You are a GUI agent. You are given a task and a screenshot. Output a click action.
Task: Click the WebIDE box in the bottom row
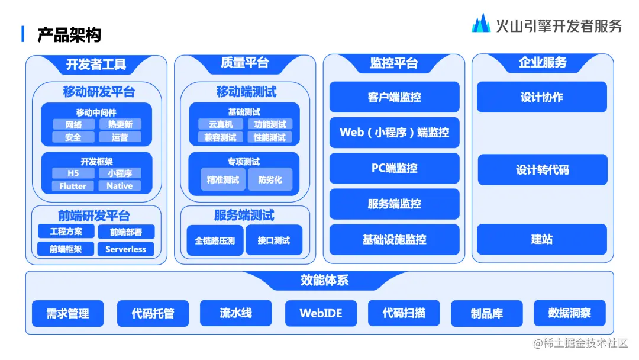[x=321, y=313]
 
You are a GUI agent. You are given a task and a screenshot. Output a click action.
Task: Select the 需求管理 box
[x=67, y=313]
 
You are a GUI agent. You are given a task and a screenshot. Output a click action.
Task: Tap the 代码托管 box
[x=153, y=313]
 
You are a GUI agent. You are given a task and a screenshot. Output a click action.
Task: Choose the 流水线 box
[x=235, y=313]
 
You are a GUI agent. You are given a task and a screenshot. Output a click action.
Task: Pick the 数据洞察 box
[x=569, y=313]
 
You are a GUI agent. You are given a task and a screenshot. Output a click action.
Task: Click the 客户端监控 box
[x=394, y=97]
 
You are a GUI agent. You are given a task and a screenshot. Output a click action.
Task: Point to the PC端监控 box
[x=394, y=168]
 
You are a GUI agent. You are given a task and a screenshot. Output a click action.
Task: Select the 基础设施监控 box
[x=394, y=240]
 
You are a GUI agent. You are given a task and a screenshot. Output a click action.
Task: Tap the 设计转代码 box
[x=542, y=170]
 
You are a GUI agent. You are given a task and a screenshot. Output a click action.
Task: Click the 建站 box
[x=542, y=240]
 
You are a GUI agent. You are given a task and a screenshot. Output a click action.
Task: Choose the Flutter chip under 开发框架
[x=73, y=186]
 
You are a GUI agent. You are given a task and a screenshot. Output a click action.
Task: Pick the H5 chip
[x=73, y=173]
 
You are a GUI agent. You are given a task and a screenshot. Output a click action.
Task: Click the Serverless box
[x=125, y=249]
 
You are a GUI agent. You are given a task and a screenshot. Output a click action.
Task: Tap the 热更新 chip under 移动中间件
[x=120, y=124]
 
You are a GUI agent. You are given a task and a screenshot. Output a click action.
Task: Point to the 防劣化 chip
[x=270, y=179]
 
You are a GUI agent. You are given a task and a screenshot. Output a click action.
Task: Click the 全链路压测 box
[x=215, y=241]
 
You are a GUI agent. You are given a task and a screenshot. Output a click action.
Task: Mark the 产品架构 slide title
[x=69, y=35]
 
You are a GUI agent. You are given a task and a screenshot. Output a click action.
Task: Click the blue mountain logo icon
[x=480, y=24]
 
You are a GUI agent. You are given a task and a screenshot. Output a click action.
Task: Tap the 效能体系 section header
[x=324, y=280]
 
